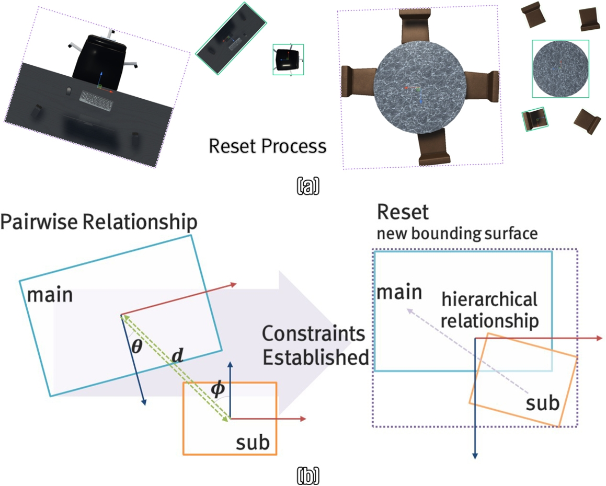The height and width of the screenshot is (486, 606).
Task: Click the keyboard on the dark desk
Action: pos(96,100)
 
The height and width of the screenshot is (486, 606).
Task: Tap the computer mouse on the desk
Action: pos(68,91)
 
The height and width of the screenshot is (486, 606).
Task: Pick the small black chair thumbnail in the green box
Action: pos(288,59)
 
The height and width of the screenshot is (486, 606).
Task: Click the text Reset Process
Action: pos(267,146)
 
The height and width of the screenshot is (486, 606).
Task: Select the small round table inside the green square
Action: pos(560,68)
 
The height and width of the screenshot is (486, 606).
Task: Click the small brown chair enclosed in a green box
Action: pos(534,119)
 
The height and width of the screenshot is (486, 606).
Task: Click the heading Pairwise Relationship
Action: pos(99,222)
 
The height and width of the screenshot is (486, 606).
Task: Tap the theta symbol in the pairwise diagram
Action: pos(136,346)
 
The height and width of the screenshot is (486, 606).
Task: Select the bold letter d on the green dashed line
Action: pos(178,356)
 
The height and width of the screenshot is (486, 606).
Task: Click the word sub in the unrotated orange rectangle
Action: pos(253,443)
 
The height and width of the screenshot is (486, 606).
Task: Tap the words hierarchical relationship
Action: pos(489,310)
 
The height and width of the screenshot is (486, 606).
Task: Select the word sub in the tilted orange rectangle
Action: pos(542,403)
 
